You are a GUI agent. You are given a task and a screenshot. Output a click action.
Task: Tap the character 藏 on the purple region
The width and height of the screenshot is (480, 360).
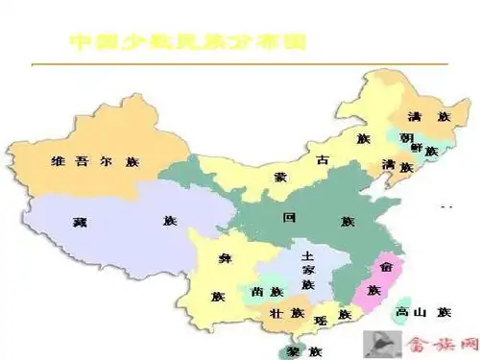[x=80, y=222]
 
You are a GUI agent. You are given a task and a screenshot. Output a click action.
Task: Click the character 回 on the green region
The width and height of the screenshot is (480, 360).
[x=289, y=217]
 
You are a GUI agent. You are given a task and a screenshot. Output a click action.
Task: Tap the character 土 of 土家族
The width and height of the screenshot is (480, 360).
[x=307, y=256]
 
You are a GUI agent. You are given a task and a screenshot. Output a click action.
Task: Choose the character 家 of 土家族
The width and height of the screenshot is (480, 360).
[x=307, y=271]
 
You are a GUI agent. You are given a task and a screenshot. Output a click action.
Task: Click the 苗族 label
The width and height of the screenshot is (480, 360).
[x=267, y=292]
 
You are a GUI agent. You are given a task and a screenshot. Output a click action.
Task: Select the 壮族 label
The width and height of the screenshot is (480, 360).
[x=286, y=314]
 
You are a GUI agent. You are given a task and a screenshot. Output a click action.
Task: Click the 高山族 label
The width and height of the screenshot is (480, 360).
[x=423, y=312]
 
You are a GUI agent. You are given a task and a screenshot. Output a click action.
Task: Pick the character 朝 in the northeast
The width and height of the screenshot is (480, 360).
[x=406, y=136]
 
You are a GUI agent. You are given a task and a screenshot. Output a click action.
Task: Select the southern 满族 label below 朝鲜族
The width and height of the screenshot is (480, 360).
[x=396, y=166]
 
